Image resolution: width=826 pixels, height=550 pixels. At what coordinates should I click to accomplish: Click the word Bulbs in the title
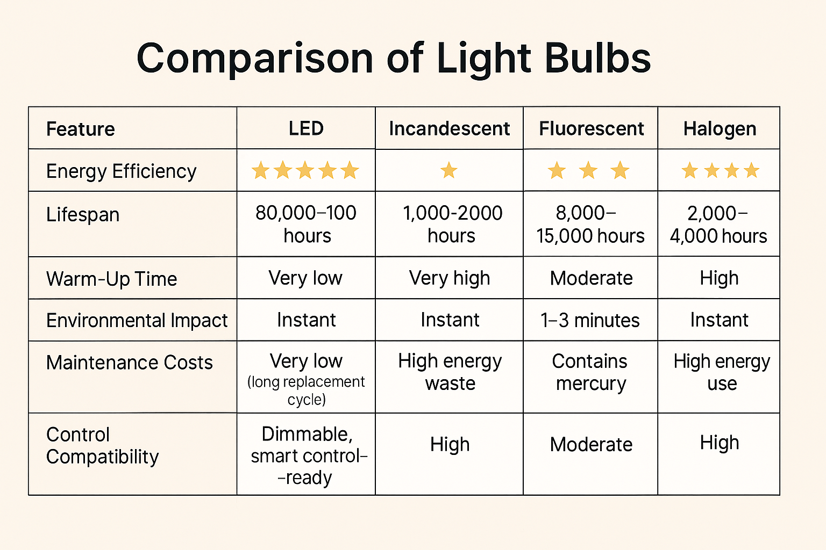point(597,58)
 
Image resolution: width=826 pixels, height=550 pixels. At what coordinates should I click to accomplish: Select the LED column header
point(306,128)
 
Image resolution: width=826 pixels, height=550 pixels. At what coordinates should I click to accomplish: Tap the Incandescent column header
point(449,128)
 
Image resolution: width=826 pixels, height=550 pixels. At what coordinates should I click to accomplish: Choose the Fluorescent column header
point(591,128)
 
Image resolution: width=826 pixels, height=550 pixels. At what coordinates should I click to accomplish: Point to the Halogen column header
point(720,128)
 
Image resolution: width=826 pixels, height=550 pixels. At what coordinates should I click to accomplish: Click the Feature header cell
point(81,129)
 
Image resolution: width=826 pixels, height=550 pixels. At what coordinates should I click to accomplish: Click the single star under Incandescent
point(448,171)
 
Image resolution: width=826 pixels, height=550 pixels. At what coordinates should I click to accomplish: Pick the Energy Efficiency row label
point(121,171)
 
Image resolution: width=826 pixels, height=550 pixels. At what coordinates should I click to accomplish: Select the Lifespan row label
point(83,214)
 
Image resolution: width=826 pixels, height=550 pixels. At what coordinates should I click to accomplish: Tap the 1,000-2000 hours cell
point(452,224)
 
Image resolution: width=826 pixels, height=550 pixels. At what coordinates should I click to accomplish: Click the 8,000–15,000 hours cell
point(590,224)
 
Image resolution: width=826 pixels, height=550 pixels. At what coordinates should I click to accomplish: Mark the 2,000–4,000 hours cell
point(718,224)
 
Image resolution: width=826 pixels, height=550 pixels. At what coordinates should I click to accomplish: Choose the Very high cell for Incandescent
point(450,278)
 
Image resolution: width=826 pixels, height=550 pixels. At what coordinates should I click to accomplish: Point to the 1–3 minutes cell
point(590,320)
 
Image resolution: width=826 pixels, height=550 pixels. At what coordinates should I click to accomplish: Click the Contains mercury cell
point(590,372)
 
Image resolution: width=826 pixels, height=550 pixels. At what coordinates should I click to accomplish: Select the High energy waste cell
point(450,372)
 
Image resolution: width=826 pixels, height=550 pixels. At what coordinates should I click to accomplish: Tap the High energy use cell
point(721,372)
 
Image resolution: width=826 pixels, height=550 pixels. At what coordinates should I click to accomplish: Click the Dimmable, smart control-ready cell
point(307,455)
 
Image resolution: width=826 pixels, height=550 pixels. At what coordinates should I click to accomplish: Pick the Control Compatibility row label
point(102,445)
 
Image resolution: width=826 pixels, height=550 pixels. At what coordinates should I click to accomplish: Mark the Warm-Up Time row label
point(111,279)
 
